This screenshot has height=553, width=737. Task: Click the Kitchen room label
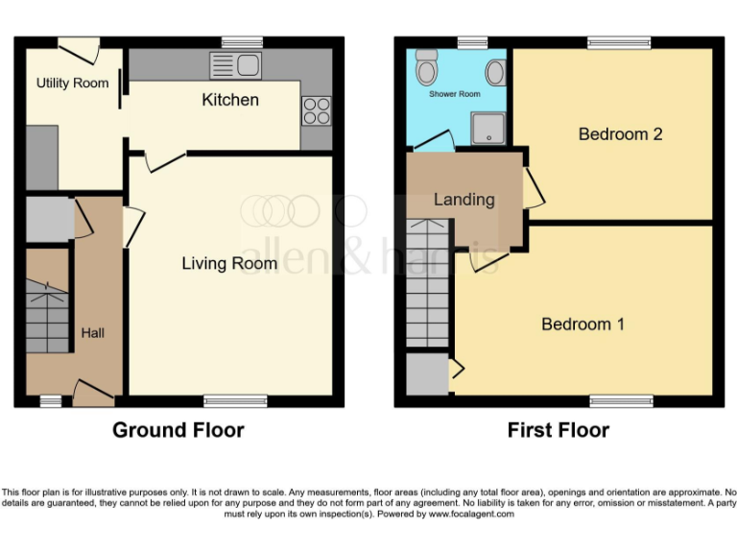pyautogui.click(x=230, y=100)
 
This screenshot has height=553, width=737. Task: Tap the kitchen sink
pyautogui.click(x=235, y=65)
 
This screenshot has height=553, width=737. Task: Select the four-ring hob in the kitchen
pyautogui.click(x=317, y=110)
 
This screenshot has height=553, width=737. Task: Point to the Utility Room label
pyautogui.click(x=73, y=84)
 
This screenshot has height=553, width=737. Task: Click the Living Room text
pyautogui.click(x=229, y=263)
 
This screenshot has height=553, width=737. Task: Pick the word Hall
pyautogui.click(x=92, y=333)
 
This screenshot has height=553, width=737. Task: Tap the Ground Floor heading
pyautogui.click(x=178, y=430)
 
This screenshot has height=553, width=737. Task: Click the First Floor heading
pyautogui.click(x=559, y=430)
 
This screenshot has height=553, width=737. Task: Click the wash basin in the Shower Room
pyautogui.click(x=496, y=72)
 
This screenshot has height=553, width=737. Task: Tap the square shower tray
pyautogui.click(x=488, y=127)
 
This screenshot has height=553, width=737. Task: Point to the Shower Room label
pyautogui.click(x=455, y=94)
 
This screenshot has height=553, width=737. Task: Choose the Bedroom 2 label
pyautogui.click(x=620, y=134)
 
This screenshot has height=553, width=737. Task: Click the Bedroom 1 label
pyautogui.click(x=582, y=325)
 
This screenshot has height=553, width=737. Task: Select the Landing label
pyautogui.click(x=464, y=200)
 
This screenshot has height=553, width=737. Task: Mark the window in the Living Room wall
pyautogui.click(x=222, y=400)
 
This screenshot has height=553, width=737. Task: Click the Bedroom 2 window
pyautogui.click(x=618, y=41)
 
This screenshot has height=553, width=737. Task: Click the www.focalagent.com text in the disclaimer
pyautogui.click(x=470, y=514)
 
